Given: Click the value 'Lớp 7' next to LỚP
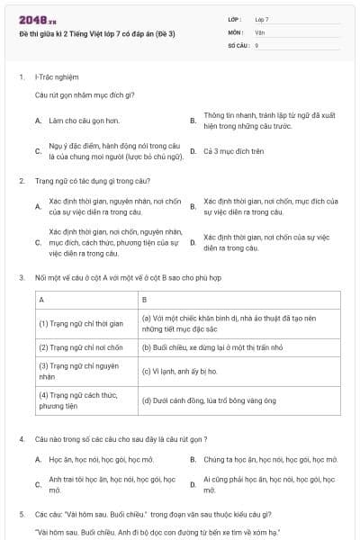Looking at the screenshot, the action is point(262,19).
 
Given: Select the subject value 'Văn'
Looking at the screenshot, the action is point(259,31).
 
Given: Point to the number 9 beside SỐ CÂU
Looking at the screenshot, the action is point(256,44).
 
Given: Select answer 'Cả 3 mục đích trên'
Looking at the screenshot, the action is point(233,151).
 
